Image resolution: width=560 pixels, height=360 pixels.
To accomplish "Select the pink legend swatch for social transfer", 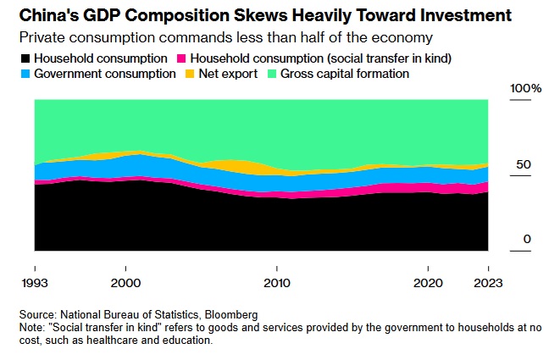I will pos(181,58).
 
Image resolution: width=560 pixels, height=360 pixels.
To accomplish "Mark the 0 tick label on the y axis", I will pos(526,240).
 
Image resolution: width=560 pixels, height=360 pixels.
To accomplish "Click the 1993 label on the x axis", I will pos(35,280).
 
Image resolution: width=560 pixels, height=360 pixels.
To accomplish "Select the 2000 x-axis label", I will pos(125,280).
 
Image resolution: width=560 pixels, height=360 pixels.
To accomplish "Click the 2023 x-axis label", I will pos(486,280).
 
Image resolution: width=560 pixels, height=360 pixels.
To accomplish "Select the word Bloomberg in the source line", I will pos(230,314).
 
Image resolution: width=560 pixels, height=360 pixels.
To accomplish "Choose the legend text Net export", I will pos(226,74).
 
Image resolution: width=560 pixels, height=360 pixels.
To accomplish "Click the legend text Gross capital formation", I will pos(343,74).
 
